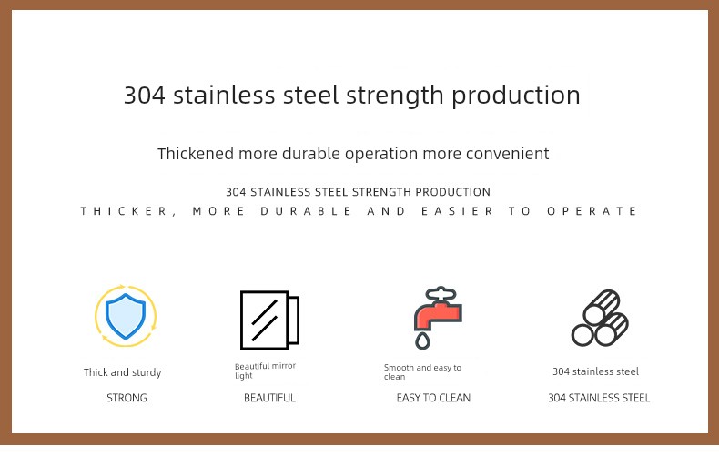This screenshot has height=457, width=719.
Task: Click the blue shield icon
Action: [126, 316]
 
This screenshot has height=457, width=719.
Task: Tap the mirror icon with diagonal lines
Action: [269, 320]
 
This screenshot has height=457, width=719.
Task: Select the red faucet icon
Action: [438, 317]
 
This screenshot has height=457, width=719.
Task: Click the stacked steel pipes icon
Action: [601, 318]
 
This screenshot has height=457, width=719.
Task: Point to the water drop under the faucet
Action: [422, 340]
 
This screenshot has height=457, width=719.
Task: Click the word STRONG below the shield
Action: [127, 398]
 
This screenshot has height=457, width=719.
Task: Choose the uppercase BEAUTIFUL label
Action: [269, 398]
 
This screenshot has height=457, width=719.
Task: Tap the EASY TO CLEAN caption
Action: [433, 398]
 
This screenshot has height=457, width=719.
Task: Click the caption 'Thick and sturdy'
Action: [123, 372]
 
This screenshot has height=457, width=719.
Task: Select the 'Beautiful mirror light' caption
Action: [265, 371]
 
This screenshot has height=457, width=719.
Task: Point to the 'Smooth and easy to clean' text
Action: [422, 371]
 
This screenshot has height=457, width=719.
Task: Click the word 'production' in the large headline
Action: [516, 96]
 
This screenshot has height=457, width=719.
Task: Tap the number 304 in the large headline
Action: [145, 96]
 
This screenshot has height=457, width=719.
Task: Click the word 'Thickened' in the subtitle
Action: [196, 153]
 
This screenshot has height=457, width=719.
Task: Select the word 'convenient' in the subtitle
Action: [507, 154]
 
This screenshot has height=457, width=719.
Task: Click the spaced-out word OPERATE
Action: [592, 211]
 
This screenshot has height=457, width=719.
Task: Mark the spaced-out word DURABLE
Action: [306, 211]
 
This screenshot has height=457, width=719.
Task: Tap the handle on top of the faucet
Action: [441, 294]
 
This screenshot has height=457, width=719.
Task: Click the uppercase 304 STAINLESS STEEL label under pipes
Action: [599, 398]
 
